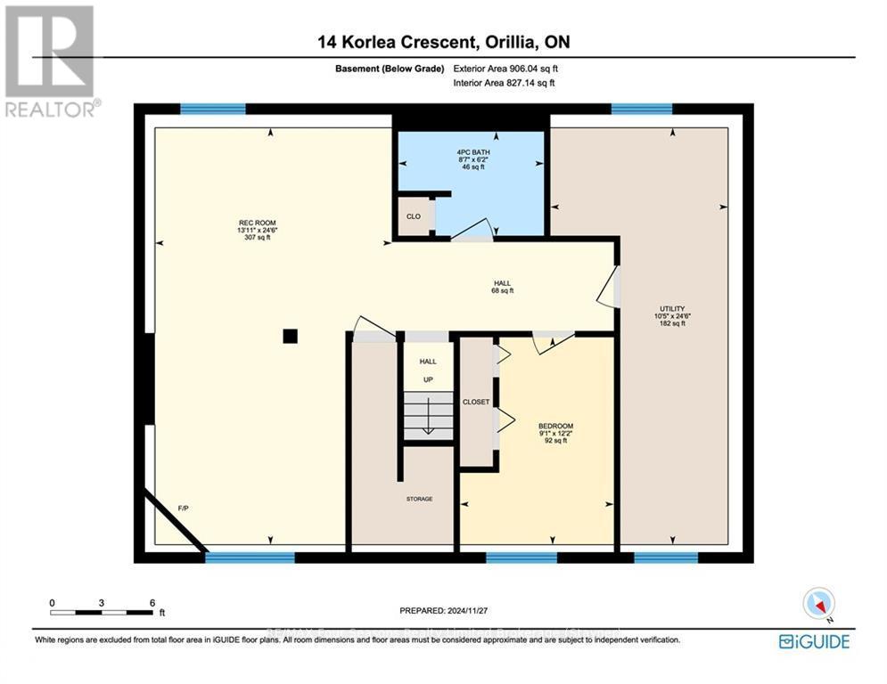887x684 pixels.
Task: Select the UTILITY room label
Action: click(672, 316)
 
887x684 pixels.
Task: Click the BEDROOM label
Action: click(554, 432)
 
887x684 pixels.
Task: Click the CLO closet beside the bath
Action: click(414, 216)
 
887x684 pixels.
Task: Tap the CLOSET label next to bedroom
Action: click(476, 402)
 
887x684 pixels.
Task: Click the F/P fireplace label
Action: click(183, 508)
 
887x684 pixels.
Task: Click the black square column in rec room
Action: click(290, 336)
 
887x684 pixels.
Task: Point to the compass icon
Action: click(818, 605)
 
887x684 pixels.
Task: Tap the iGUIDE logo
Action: click(813, 641)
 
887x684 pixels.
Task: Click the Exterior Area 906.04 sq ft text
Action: click(505, 68)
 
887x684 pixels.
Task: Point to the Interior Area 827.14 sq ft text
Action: click(505, 83)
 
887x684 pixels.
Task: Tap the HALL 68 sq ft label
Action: click(502, 286)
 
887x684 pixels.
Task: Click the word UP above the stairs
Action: click(428, 379)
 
